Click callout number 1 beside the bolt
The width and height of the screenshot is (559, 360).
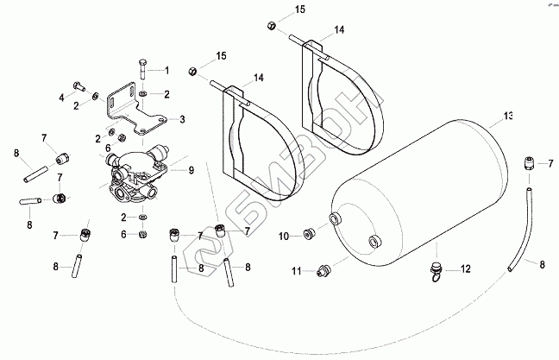coord(167,70)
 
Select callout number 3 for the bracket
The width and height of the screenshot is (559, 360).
coord(181,120)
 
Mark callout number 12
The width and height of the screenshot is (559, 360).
coord(465,269)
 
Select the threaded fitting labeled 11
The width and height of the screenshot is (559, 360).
coord(323,271)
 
